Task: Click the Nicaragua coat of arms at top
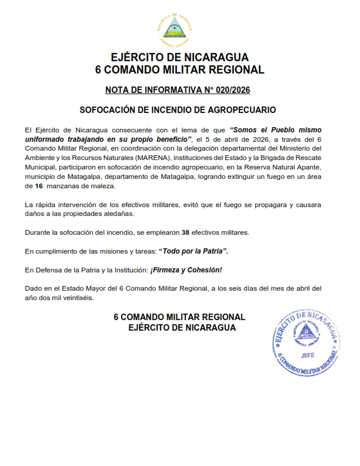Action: tap(179, 27)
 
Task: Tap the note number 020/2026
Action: tap(235, 90)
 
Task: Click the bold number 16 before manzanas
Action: tap(40, 186)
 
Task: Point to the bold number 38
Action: tap(186, 232)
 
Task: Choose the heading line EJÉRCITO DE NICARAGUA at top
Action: tap(179, 58)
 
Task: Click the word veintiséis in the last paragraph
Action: tap(76, 298)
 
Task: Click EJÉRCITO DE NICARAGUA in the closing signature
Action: tap(182, 327)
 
